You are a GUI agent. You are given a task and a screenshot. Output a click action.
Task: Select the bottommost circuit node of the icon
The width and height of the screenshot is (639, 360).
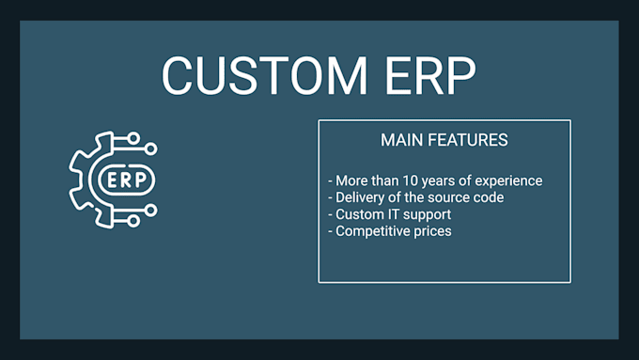pos(133,221)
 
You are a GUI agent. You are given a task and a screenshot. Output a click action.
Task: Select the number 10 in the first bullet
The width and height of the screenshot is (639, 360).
pos(413,180)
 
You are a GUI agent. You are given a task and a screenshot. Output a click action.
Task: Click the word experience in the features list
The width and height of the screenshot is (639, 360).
pos(508,180)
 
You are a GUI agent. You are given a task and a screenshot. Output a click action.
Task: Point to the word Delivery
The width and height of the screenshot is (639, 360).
pos(362,197)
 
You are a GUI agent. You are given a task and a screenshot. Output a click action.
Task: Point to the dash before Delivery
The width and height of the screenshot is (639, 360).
pos(330,198)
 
